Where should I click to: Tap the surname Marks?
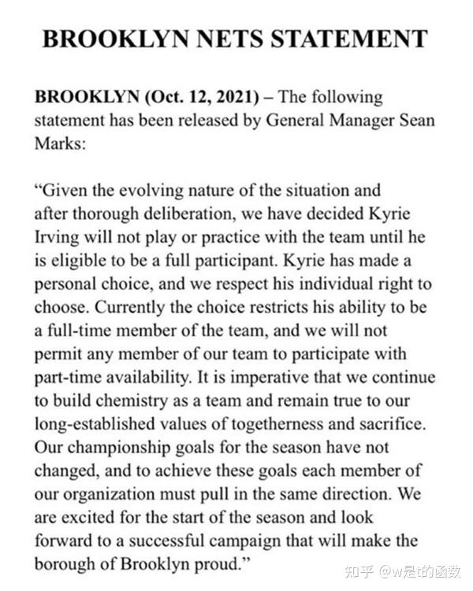[57, 143]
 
